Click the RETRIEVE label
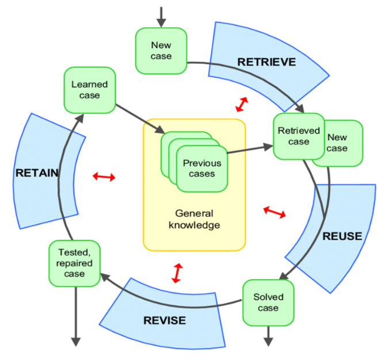point(266,62)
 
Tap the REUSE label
point(342,236)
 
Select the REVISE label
point(166,320)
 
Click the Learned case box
point(90,90)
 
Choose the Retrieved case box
point(298,136)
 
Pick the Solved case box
point(268,302)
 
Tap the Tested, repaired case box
point(75,263)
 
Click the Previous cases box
point(199,168)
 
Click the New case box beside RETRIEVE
point(161,50)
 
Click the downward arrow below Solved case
point(268,335)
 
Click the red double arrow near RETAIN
point(104,177)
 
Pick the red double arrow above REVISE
point(177,273)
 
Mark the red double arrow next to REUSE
point(274,212)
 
